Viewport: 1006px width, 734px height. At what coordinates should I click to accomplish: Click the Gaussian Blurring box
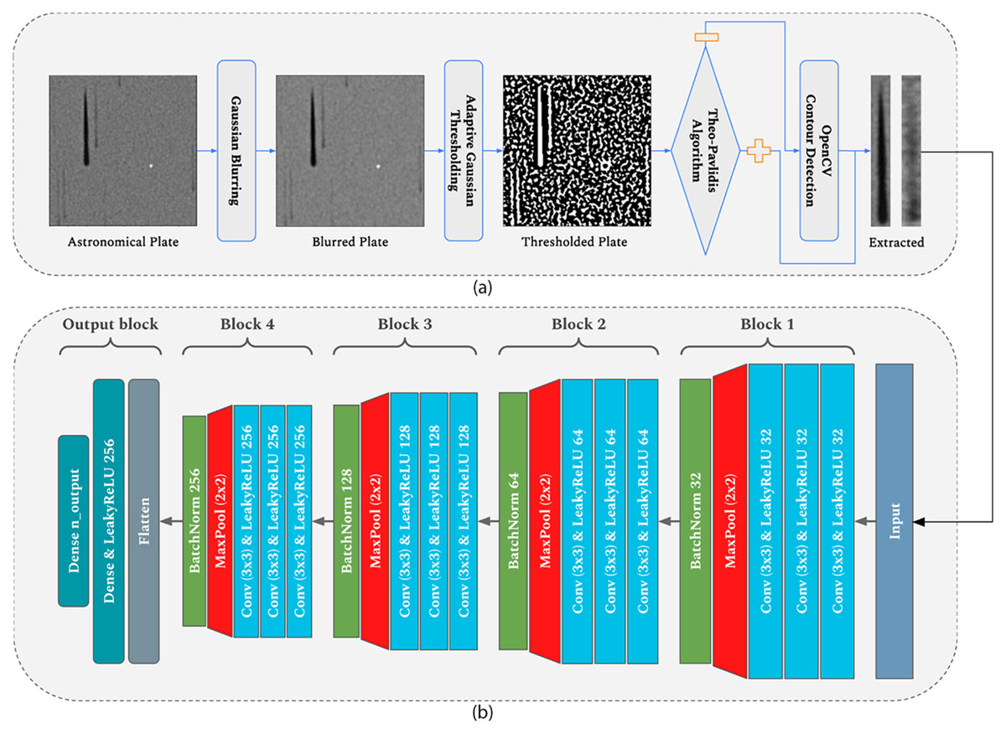(236, 151)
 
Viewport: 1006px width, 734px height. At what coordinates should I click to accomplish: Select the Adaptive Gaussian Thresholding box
(464, 151)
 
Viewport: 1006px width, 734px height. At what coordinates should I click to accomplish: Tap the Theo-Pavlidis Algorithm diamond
(705, 151)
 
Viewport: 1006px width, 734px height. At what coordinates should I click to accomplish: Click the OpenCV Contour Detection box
(819, 151)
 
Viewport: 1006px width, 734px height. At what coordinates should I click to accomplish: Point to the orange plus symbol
(759, 151)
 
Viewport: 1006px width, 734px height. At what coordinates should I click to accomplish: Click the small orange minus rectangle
(706, 37)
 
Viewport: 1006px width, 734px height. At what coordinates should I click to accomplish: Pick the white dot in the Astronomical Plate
(151, 166)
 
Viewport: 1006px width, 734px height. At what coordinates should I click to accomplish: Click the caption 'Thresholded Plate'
(574, 242)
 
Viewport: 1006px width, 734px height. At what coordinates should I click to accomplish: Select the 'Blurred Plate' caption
(350, 242)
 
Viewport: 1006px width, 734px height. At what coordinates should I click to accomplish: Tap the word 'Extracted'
(896, 242)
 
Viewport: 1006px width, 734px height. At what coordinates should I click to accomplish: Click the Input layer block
(895, 521)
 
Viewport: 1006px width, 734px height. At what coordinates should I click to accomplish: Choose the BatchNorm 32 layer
(695, 521)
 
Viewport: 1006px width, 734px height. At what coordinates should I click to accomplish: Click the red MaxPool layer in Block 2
(545, 521)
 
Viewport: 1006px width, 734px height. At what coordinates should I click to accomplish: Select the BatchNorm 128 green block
(346, 521)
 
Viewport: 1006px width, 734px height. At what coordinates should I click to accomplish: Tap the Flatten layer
(143, 521)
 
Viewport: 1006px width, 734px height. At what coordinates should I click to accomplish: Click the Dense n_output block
(74, 521)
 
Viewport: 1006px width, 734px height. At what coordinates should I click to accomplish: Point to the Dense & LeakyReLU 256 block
(109, 521)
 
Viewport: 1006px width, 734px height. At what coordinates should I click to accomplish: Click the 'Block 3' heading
(405, 324)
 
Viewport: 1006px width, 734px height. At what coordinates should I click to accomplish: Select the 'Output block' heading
(111, 324)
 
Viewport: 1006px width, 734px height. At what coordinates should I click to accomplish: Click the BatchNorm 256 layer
(194, 521)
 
